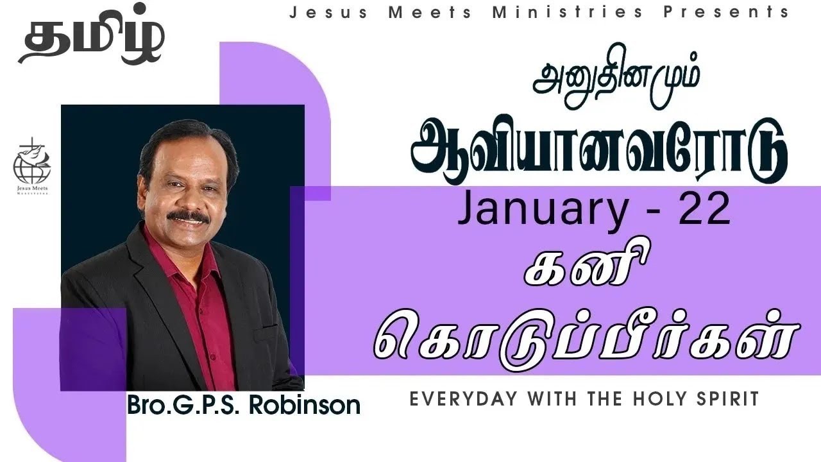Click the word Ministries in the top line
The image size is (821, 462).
point(567,12)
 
